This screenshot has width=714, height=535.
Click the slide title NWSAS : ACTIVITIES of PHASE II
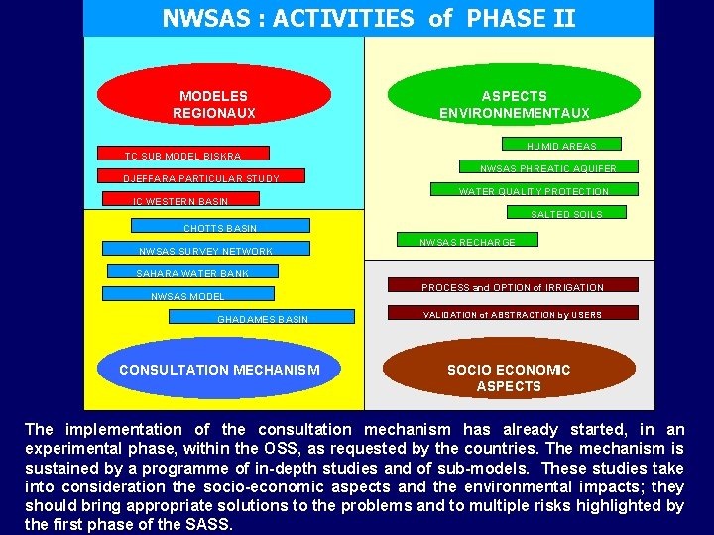tap(368, 18)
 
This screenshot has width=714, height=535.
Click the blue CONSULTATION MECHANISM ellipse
tap(219, 370)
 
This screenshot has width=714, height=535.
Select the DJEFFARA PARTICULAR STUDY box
tap(201, 178)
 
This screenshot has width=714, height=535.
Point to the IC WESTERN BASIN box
tap(180, 201)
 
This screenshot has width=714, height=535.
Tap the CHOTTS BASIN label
tap(220, 228)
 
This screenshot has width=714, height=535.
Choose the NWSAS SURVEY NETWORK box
tap(206, 250)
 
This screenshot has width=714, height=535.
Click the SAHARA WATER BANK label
tap(192, 273)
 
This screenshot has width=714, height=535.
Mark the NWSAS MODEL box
tap(187, 295)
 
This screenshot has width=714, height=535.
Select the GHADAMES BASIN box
tap(262, 318)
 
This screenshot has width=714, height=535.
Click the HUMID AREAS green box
tap(561, 145)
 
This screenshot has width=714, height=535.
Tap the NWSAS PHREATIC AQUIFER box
tap(547, 167)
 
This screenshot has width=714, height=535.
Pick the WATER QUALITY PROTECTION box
tap(534, 190)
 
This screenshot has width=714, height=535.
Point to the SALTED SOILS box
tap(566, 213)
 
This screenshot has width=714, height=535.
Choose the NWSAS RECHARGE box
tap(467, 241)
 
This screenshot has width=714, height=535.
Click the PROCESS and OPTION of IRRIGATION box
tap(512, 287)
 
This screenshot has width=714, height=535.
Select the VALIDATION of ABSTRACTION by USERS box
tap(512, 314)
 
